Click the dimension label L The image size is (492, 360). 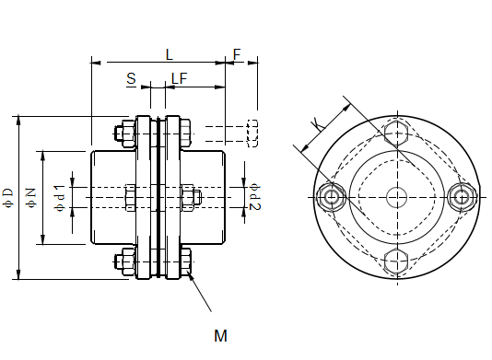point(170,55)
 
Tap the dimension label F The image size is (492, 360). point(237,54)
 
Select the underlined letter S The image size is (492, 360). point(132,78)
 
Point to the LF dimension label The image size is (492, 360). point(180,78)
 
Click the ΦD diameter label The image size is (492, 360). point(8,198)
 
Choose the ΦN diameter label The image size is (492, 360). point(32,198)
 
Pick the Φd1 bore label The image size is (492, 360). point(60,198)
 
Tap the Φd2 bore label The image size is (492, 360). point(255,198)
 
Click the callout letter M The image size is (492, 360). point(220,336)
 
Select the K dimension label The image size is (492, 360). point(318,124)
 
